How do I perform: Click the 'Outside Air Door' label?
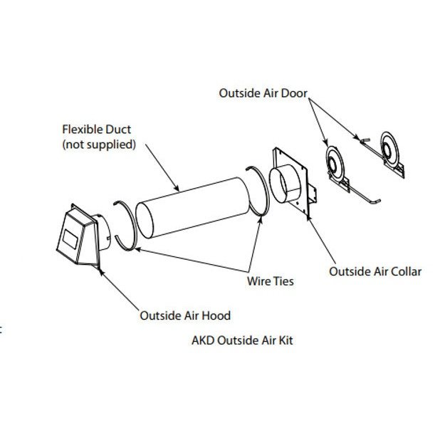[263, 93]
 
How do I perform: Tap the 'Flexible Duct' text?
[97, 130]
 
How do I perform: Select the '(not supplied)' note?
[99, 144]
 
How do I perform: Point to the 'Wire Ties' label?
[270, 281]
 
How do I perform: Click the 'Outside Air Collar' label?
[375, 271]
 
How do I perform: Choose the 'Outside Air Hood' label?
[185, 315]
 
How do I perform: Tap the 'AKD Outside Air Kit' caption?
[242, 340]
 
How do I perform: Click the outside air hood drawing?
[83, 236]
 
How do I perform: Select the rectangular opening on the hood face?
[70, 239]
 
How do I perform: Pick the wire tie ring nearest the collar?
[267, 193]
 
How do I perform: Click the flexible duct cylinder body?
[196, 207]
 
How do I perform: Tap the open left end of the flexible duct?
[145, 220]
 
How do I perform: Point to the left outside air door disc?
[335, 164]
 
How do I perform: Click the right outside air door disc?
[389, 148]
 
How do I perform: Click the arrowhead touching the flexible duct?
[177, 188]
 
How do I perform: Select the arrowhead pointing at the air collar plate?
[309, 217]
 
